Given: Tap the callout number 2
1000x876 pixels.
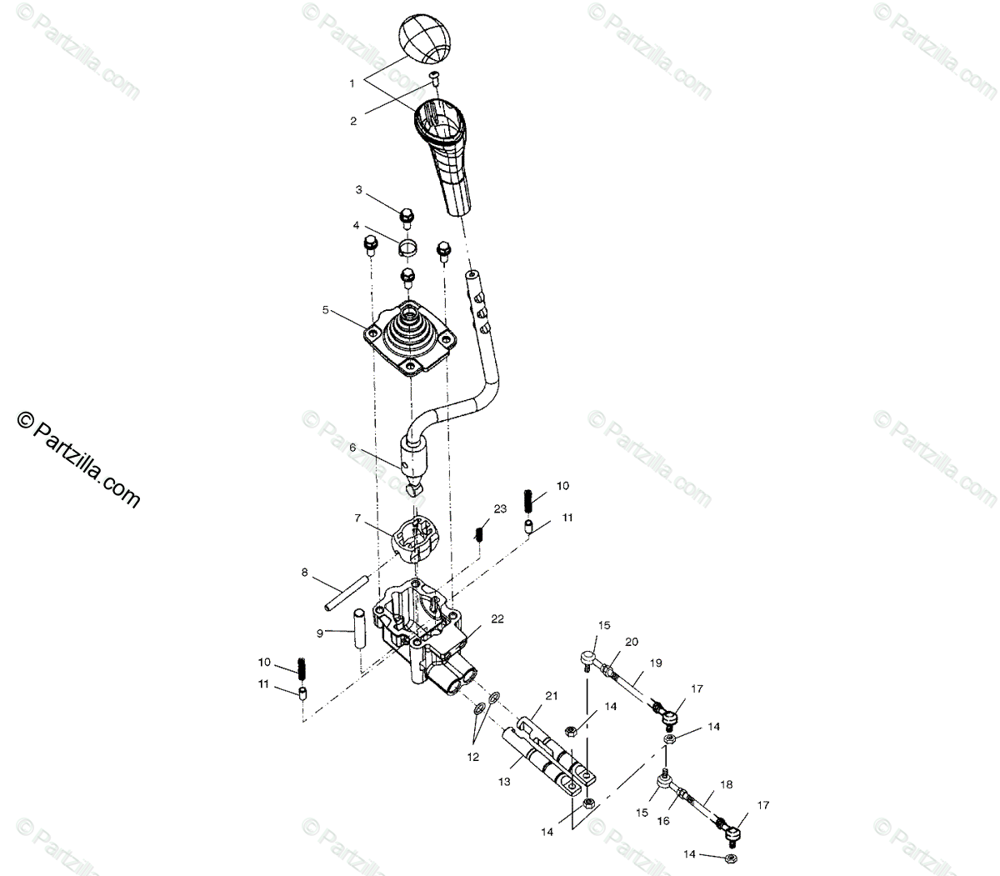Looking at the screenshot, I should [353, 121].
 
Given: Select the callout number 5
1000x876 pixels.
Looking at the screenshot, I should [325, 310].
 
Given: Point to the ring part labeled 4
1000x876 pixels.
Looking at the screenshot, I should [407, 246].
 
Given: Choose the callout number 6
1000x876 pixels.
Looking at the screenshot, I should [352, 448].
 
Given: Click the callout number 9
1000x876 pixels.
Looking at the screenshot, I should [318, 633].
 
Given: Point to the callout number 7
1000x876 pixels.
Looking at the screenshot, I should [357, 518].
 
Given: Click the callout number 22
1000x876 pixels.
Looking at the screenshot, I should [497, 619].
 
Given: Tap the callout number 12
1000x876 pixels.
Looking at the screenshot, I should [473, 758].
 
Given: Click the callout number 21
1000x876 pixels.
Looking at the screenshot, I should [551, 696].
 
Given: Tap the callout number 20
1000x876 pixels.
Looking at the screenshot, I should [632, 641].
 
